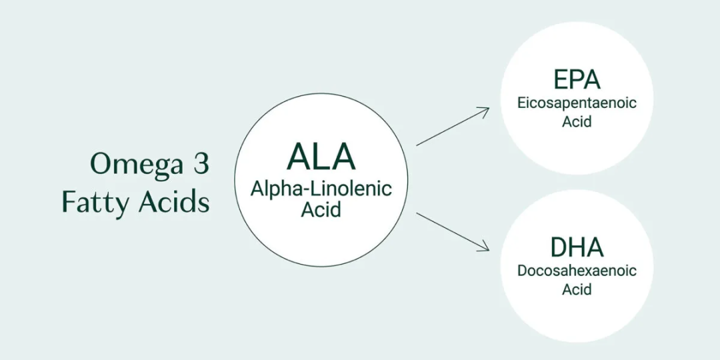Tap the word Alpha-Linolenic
(321, 189)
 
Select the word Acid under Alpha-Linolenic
(321, 209)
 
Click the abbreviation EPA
(577, 79)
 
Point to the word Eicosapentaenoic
(577, 103)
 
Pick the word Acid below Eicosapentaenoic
(577, 122)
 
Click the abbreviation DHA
(577, 247)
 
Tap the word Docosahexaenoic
(577, 271)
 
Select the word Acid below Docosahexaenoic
(577, 289)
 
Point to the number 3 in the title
(201, 163)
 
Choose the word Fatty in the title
(95, 202)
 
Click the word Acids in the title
(173, 202)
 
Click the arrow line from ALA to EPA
(450, 128)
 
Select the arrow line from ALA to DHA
(450, 231)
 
